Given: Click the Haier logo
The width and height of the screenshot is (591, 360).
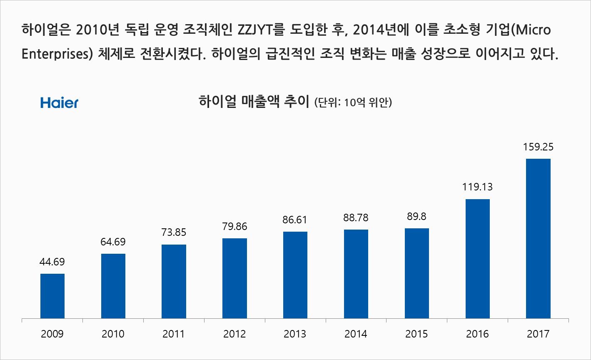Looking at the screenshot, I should point(59,102).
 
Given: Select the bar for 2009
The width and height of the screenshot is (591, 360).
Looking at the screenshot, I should point(52,296).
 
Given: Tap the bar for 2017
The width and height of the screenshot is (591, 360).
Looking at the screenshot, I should point(538,238).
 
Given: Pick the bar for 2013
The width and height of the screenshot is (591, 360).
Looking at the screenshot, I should point(295,275).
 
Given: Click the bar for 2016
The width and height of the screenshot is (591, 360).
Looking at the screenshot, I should point(477,259).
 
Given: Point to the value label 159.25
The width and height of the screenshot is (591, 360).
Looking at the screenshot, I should point(538,147).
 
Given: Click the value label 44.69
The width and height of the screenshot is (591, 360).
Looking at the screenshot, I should point(52,262).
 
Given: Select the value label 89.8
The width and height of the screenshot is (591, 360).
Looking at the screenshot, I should point(416,217).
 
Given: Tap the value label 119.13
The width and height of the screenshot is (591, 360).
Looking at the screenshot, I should point(477,187).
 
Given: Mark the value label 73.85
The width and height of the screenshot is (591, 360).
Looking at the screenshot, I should point(174,232).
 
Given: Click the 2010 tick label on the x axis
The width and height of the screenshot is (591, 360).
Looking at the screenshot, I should point(113,334).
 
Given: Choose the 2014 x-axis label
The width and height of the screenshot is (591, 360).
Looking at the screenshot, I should point(356,334).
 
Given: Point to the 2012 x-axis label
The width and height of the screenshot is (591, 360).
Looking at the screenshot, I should point(234,334).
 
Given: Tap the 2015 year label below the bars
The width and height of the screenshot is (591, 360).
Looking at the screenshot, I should point(416,334).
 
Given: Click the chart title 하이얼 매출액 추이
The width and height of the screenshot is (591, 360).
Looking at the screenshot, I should point(254,101).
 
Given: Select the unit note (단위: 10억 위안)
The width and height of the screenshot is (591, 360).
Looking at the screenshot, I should point(353,102).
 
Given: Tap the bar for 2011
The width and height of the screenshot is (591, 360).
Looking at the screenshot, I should point(174,281).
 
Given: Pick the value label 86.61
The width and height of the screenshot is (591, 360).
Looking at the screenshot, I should point(295,220).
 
